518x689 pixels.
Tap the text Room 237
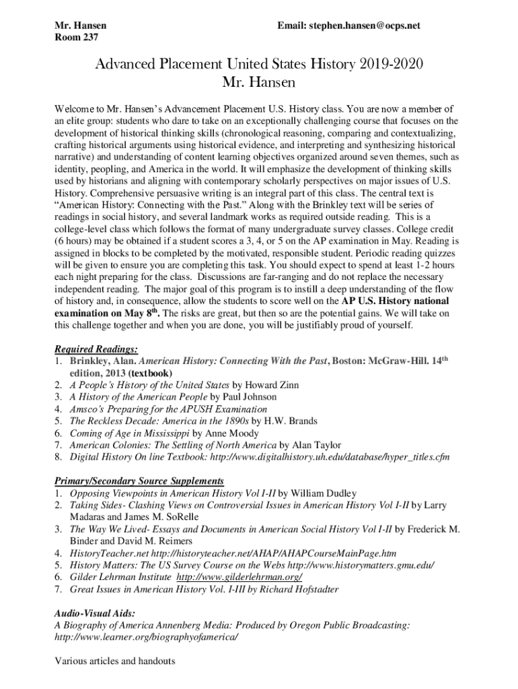76,38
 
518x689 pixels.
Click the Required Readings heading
96,349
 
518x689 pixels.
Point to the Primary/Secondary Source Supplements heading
139,481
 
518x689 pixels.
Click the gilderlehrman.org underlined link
239,577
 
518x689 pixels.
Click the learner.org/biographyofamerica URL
146,637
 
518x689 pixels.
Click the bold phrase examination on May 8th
108,314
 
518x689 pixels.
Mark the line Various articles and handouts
114,661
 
